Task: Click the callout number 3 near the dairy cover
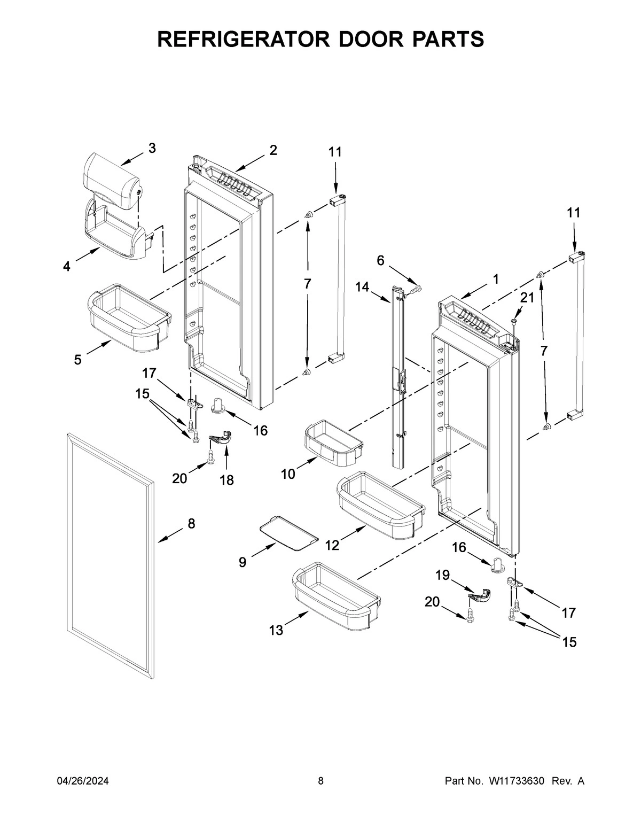pos(152,149)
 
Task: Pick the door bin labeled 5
pos(128,318)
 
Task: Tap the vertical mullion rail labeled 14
pos(398,374)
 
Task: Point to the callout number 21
pos(527,298)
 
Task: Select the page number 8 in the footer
pos(320,781)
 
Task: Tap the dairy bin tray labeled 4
pos(115,232)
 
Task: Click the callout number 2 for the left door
pos(273,150)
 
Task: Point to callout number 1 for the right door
pos(496,278)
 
